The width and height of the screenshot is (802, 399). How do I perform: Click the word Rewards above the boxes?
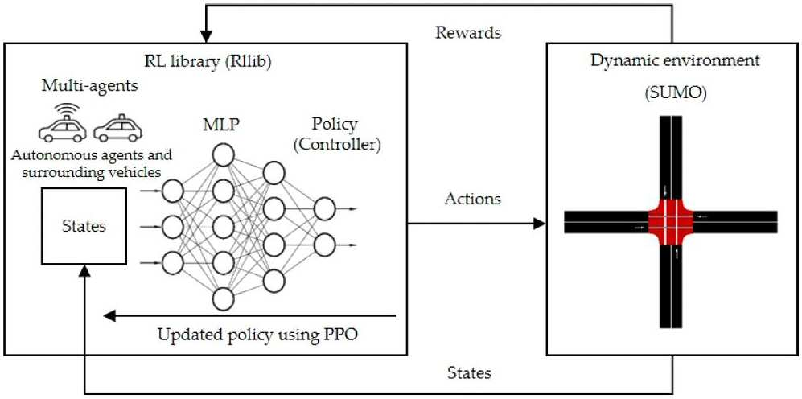(468, 33)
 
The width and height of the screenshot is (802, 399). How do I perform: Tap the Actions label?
(473, 199)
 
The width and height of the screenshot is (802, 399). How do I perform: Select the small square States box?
(84, 226)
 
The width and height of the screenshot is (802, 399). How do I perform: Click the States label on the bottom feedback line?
(469, 372)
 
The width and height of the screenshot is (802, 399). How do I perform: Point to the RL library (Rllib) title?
(208, 62)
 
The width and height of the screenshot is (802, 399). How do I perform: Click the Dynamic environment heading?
(675, 60)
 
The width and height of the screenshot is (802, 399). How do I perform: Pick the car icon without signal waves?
(117, 127)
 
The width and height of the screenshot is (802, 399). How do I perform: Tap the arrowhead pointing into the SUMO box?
(540, 223)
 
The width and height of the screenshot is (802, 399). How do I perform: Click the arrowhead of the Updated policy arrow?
(109, 316)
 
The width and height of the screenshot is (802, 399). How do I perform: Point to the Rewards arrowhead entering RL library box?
(206, 37)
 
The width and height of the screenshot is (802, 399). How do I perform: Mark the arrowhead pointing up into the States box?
(84, 272)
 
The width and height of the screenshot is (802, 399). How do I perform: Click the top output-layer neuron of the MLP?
(324, 208)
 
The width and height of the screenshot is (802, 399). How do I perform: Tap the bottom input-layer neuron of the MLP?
(172, 263)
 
